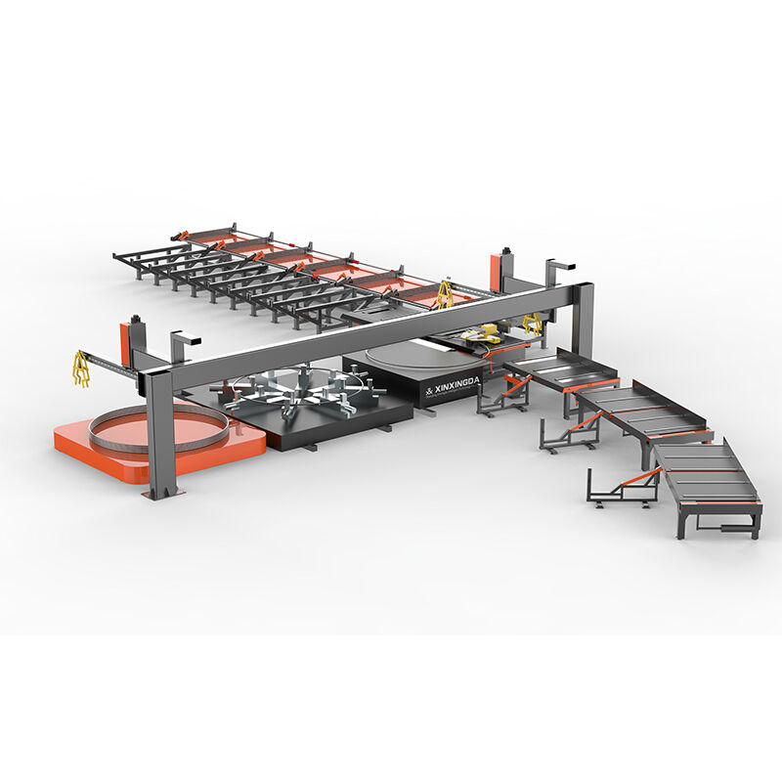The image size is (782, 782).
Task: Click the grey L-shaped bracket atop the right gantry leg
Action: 560,267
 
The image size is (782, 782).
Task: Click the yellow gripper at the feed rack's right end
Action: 445,293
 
